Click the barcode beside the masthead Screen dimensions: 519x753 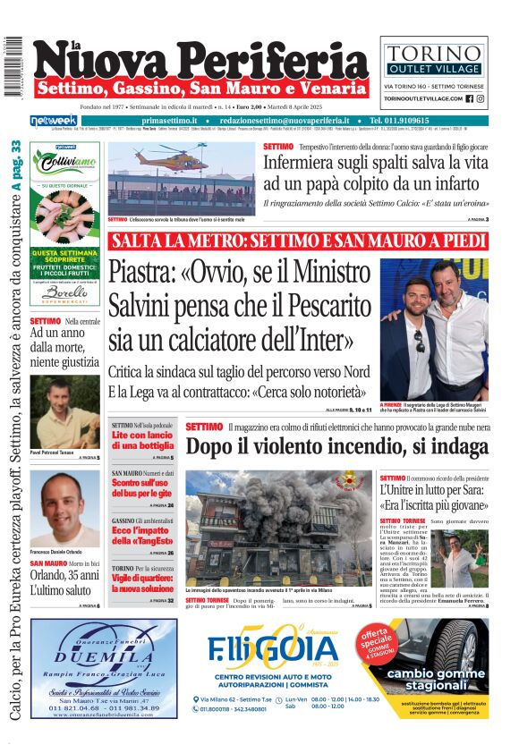click(x=13, y=67)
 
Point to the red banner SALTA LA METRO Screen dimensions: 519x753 click(x=298, y=241)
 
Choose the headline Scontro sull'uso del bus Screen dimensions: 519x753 click(x=141, y=487)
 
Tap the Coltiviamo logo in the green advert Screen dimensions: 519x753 click(x=64, y=162)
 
